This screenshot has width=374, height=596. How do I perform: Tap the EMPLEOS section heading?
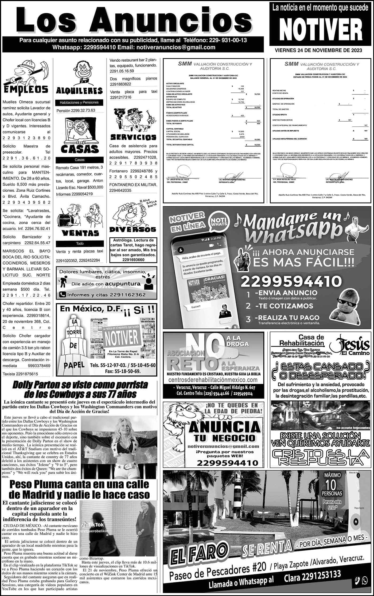tap(26, 89)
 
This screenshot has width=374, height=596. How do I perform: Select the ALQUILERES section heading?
tap(79, 91)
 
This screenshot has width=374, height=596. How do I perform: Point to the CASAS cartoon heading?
tap(79, 149)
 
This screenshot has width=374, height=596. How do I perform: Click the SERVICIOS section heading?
tap(133, 137)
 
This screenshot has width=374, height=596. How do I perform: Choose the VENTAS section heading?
tap(80, 233)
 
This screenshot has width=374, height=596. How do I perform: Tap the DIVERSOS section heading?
tap(133, 229)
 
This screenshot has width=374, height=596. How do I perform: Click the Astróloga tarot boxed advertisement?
tap(133, 250)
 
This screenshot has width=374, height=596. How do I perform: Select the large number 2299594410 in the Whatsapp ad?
tap(291, 281)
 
